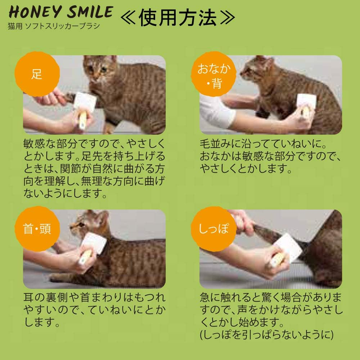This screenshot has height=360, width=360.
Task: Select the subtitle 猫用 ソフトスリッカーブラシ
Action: (x=54, y=26)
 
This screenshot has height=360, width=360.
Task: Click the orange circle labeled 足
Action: (x=37, y=75)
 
